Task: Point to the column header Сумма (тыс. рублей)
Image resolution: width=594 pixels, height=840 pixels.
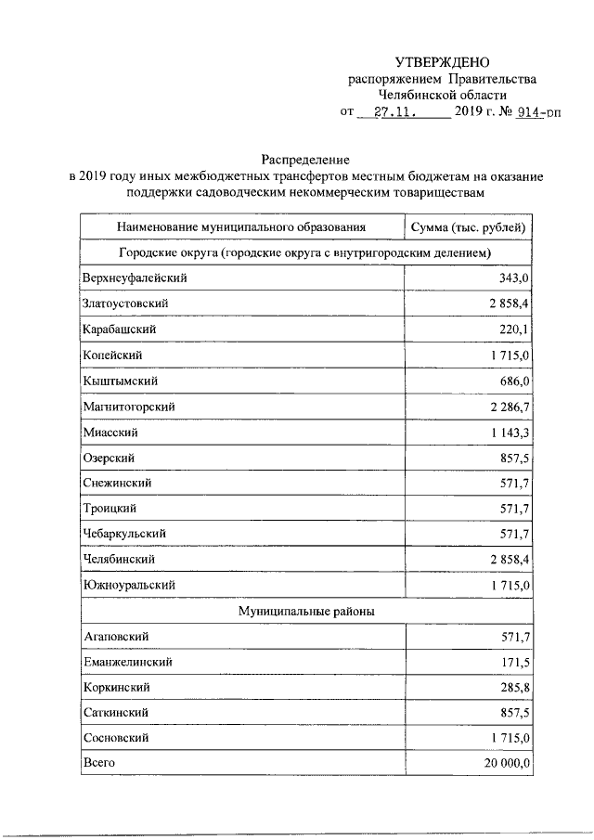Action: (x=470, y=226)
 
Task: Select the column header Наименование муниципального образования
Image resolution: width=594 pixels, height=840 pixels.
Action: (x=241, y=226)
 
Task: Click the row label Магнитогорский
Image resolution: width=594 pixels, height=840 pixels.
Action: (x=129, y=407)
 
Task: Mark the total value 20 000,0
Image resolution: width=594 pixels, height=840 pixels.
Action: (x=501, y=763)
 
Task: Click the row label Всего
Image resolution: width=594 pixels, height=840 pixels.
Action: (x=97, y=763)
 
